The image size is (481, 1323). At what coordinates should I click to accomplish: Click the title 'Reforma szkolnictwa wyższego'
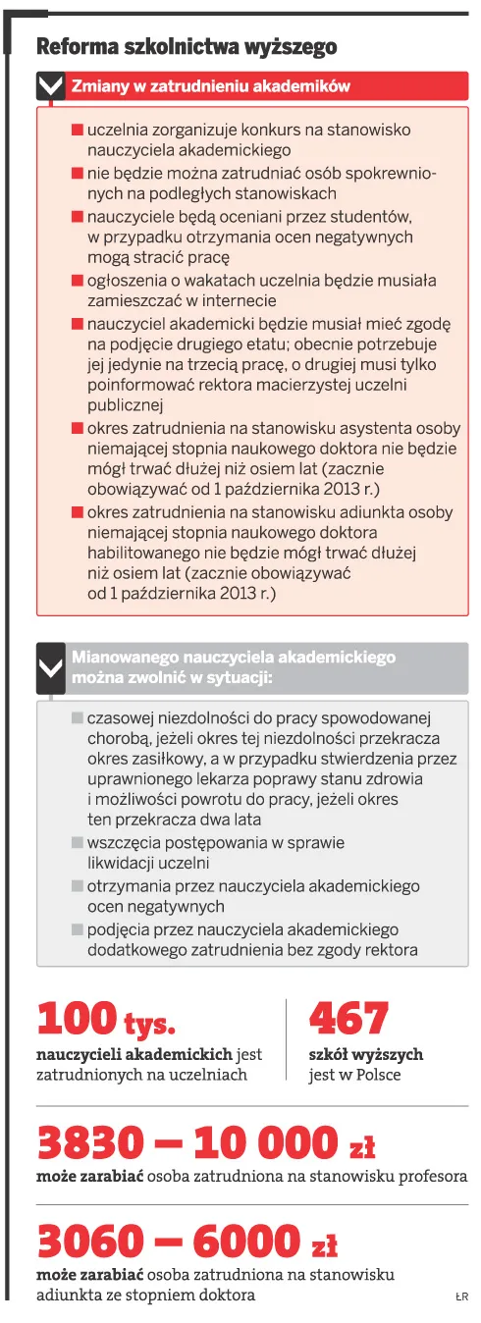point(186,48)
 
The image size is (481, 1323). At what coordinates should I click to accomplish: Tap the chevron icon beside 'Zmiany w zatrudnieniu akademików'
point(50,86)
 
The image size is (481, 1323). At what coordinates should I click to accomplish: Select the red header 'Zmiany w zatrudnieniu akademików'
point(210,86)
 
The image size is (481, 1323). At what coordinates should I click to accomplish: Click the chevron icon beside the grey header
point(50,669)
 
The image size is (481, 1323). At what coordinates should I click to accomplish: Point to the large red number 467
point(348,1019)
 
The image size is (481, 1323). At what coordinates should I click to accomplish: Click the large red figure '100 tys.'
point(106,1020)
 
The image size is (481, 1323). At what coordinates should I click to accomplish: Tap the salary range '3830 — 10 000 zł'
point(206,1143)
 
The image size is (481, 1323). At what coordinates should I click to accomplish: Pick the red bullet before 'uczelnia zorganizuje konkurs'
point(78,130)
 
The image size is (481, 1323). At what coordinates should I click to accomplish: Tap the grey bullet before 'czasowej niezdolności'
point(78,718)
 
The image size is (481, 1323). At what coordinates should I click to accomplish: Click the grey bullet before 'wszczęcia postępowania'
point(78,842)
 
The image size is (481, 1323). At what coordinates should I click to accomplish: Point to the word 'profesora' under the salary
point(433,1176)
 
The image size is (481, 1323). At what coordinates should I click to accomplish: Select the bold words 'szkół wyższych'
point(365,1054)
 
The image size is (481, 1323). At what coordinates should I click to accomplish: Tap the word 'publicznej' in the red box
point(125,404)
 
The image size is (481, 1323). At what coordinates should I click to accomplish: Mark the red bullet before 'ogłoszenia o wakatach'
point(78,281)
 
